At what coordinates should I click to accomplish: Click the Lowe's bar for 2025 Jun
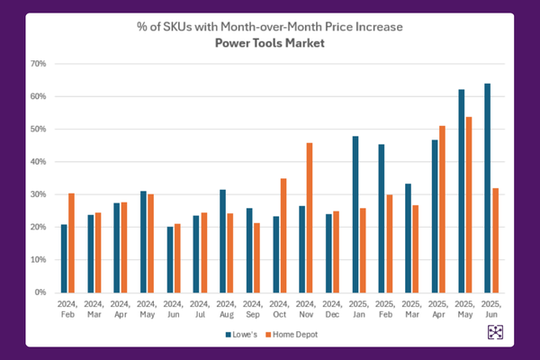[x=487, y=188]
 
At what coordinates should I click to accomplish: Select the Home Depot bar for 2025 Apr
[x=441, y=209]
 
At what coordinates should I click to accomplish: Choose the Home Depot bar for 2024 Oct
[x=257, y=235]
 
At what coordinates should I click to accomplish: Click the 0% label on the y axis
[x=40, y=292]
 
